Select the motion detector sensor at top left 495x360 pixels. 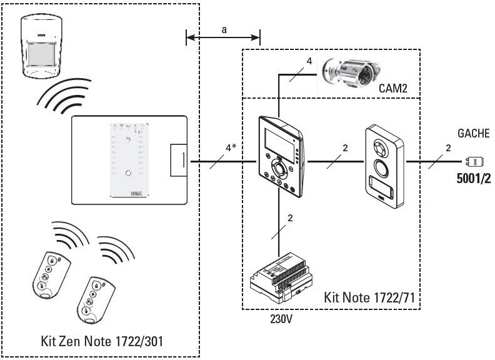click(44, 47)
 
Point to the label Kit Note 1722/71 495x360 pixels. click(369, 296)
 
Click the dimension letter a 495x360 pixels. click(223, 30)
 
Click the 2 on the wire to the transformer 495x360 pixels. click(290, 218)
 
